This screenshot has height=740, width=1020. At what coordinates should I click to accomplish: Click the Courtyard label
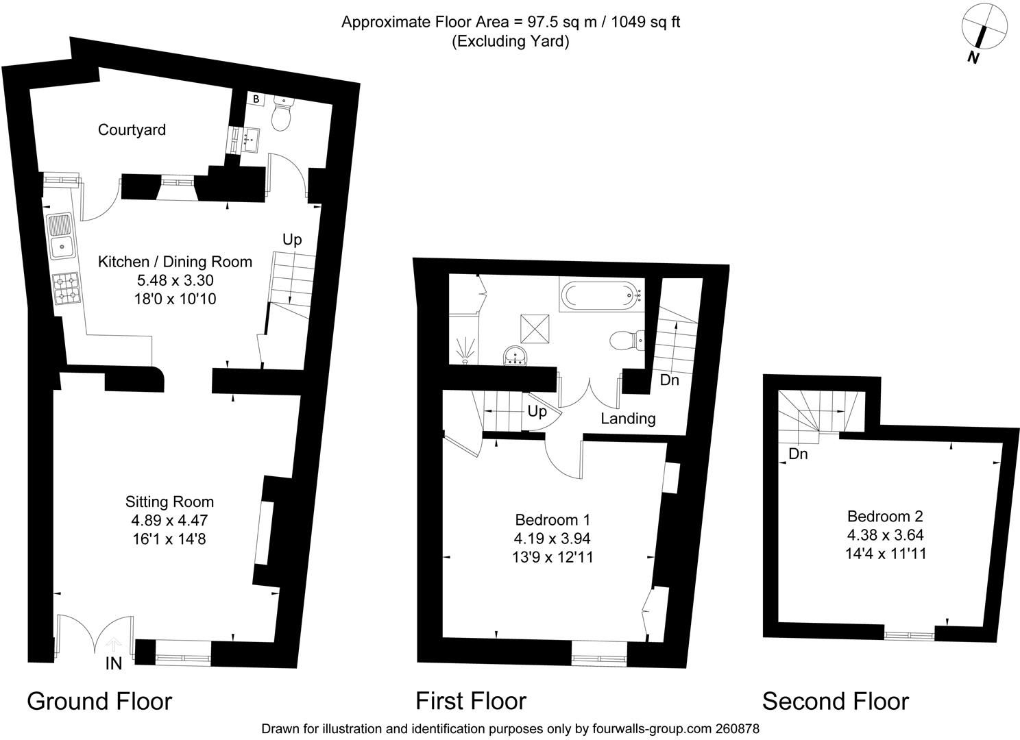point(132,130)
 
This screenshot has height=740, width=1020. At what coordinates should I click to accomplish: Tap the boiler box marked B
point(256,99)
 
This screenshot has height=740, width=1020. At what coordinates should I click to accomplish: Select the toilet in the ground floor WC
point(283,114)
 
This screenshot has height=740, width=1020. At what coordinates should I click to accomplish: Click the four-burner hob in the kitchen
point(66,288)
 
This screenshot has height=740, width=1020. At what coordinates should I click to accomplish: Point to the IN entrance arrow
point(113,645)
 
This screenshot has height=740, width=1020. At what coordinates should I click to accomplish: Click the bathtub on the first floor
point(602,296)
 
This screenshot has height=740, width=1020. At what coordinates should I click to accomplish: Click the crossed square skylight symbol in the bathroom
point(535,329)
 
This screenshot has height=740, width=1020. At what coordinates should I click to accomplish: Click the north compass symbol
point(984,37)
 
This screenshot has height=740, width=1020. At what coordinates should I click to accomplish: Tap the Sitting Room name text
point(169,502)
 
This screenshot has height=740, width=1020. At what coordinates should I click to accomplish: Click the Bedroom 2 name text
point(885,516)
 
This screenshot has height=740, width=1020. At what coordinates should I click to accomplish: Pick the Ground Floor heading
point(99,702)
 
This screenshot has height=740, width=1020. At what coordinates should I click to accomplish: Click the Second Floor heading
point(836,702)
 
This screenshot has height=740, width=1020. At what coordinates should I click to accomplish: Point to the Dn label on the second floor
point(798,454)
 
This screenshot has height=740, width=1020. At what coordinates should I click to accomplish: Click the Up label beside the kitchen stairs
point(292,240)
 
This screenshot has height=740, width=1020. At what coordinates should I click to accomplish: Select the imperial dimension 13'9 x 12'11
point(552,557)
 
